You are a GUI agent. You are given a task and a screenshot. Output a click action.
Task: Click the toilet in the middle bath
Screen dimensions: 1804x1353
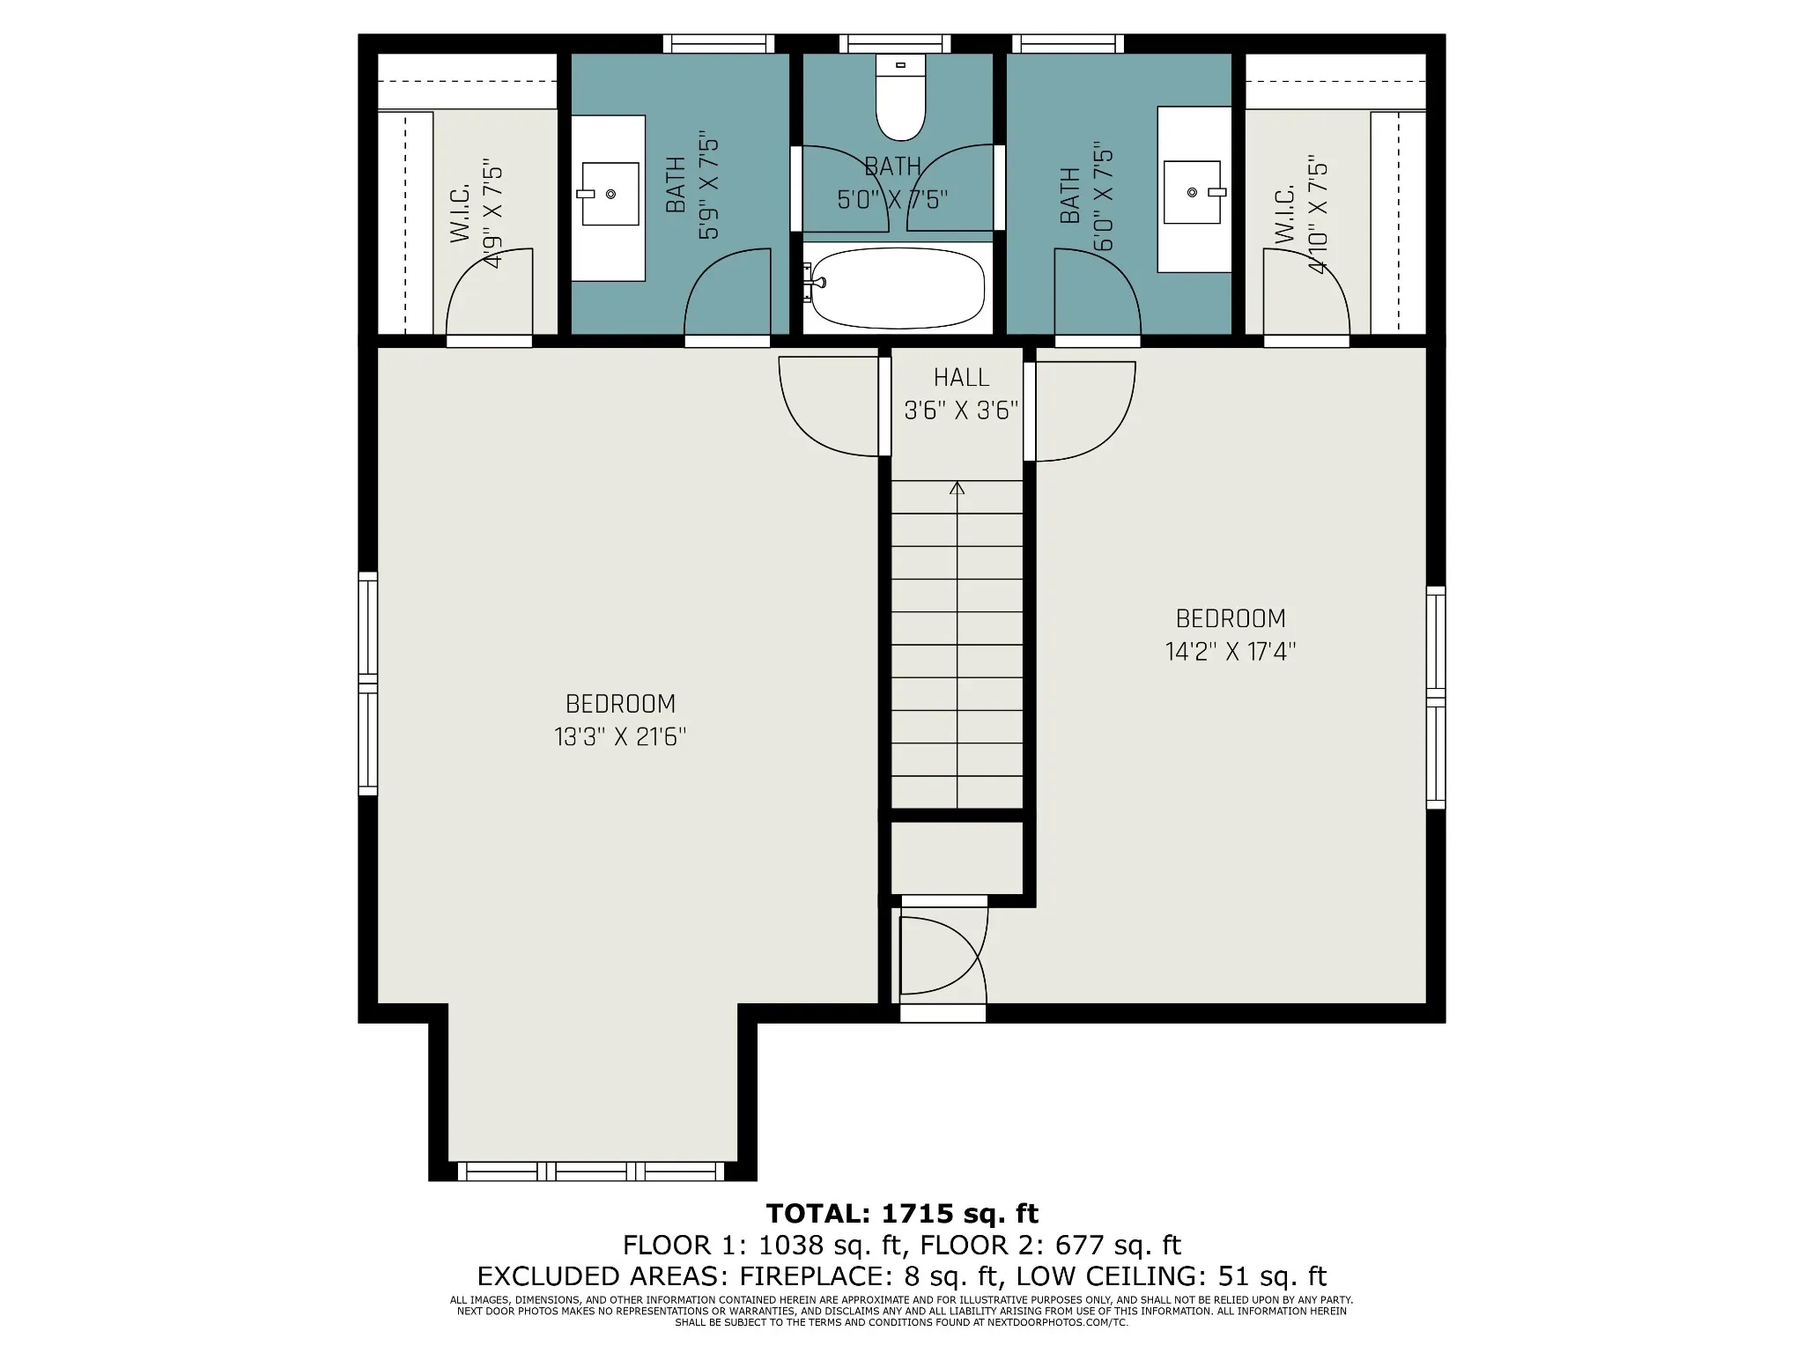(x=900, y=97)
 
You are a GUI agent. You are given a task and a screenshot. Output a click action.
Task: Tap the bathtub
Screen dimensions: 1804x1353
(x=897, y=286)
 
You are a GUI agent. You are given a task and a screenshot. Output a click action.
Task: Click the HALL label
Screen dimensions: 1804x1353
(x=961, y=378)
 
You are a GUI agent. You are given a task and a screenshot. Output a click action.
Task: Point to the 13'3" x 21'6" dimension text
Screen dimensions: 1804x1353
(x=620, y=736)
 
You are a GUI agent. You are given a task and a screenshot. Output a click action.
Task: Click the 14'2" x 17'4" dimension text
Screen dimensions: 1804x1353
(x=1231, y=652)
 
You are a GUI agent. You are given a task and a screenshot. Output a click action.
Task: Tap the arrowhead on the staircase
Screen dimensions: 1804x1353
(x=957, y=487)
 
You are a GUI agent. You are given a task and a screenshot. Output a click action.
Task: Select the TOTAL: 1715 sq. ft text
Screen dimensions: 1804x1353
(x=902, y=1214)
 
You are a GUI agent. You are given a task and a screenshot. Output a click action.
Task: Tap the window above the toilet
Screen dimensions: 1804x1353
(x=895, y=43)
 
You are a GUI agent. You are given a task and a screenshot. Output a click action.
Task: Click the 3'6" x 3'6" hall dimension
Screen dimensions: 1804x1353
(x=961, y=410)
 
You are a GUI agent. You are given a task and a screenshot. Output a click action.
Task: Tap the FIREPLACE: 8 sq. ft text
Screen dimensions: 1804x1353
(x=869, y=1276)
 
